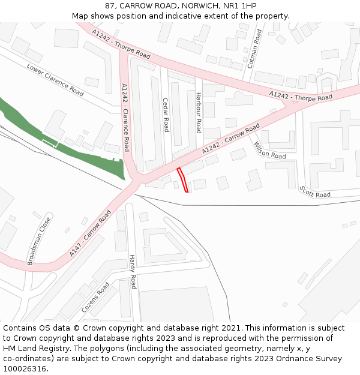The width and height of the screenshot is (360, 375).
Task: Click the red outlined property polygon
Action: (182, 180)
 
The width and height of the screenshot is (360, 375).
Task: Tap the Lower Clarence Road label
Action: (55, 79)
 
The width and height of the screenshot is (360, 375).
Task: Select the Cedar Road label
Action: (166, 115)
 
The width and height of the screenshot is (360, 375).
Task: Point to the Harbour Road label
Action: (199, 112)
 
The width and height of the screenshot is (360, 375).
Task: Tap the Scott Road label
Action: (315, 191)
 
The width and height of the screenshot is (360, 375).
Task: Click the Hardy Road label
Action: (133, 272)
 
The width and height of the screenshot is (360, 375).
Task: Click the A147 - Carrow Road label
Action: (90, 233)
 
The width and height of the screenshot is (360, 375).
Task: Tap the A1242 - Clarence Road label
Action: (125, 117)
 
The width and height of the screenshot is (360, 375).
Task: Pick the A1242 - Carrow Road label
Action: (230, 139)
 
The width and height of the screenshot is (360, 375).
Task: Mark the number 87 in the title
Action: (109, 6)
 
